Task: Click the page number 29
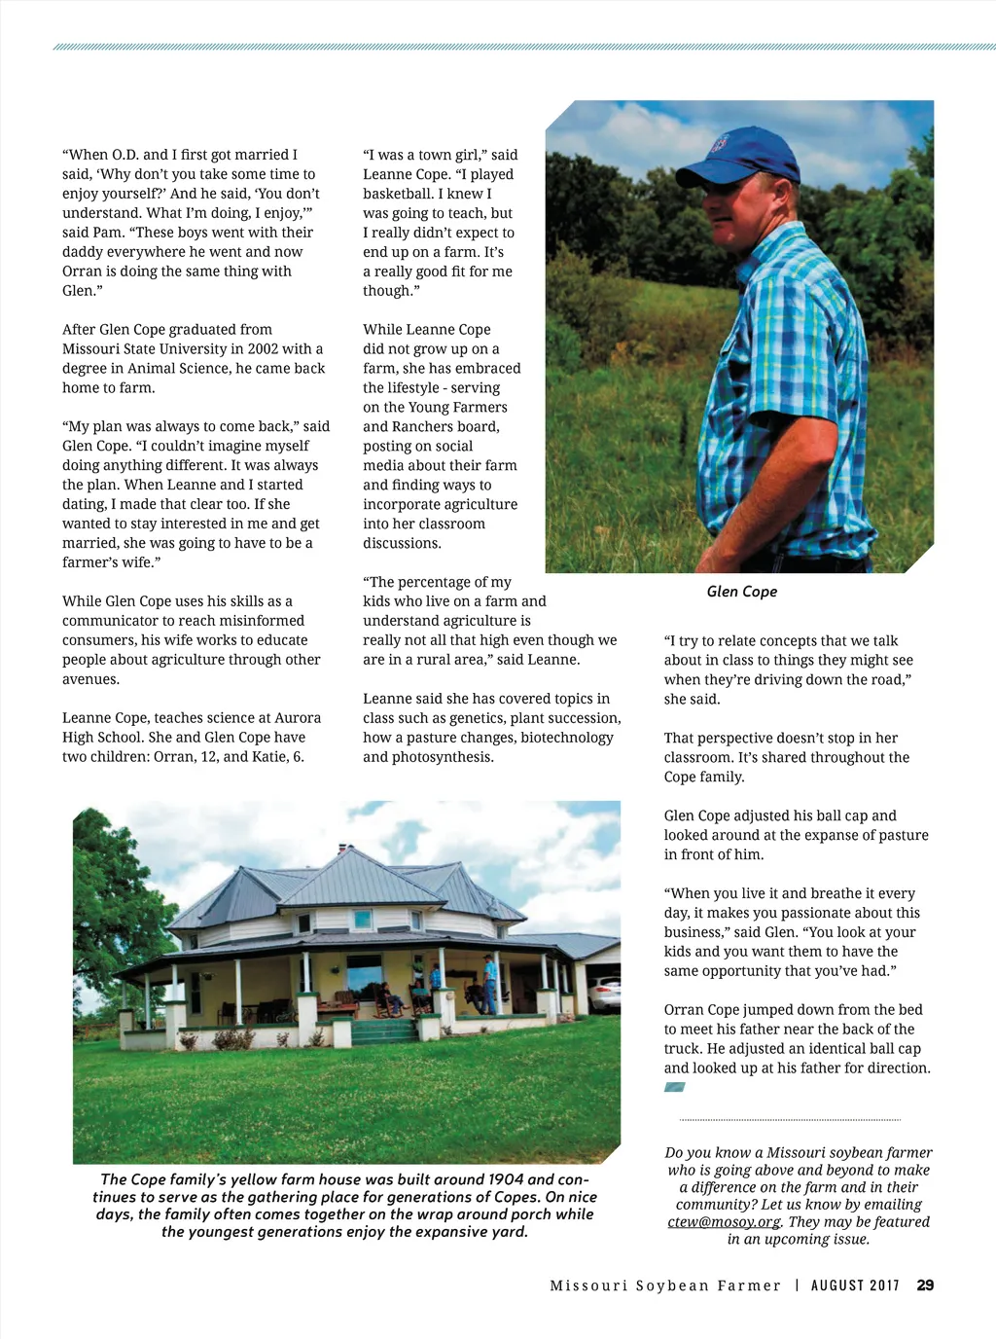tap(925, 1285)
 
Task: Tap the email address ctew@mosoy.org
tap(724, 1222)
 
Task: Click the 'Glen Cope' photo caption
tap(741, 592)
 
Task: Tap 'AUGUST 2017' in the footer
tap(855, 1285)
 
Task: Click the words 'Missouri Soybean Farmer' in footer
tap(665, 1285)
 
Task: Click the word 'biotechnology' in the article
tap(567, 738)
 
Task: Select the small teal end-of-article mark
tap(674, 1087)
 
